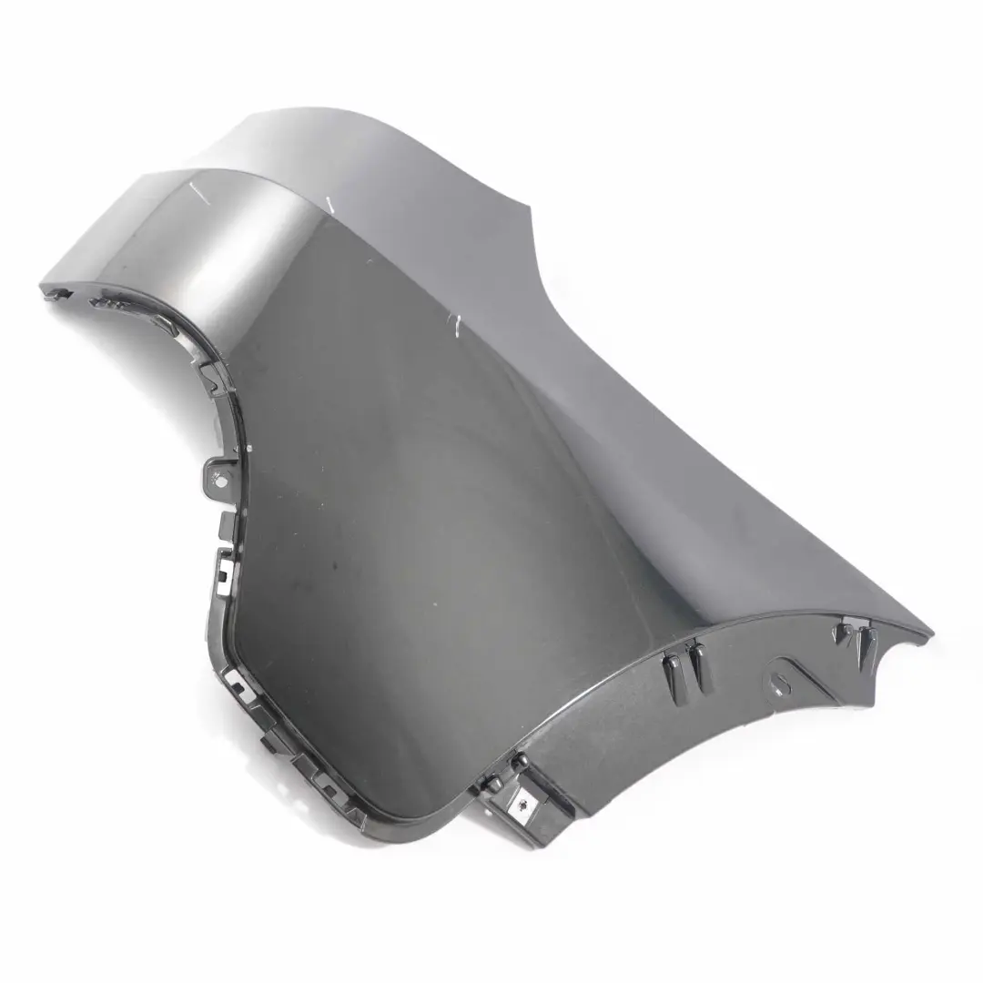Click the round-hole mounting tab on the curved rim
point(218,473)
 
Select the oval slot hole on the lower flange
point(781,679)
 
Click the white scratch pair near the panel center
point(452,324)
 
